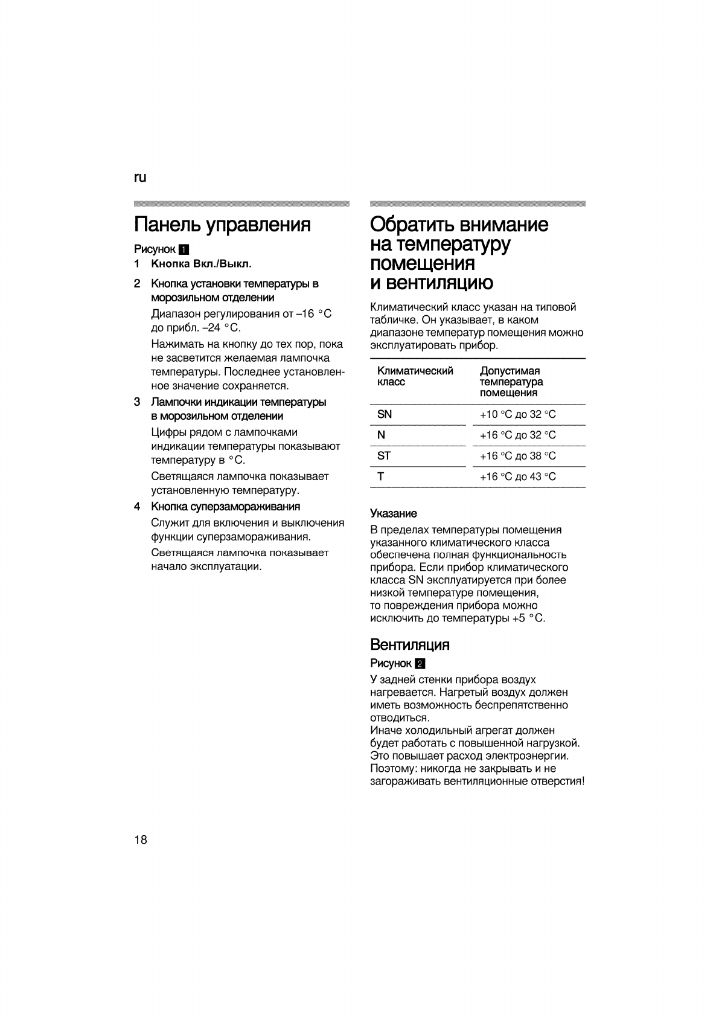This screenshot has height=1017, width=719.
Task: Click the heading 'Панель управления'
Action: click(222, 225)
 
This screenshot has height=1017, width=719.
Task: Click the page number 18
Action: click(141, 840)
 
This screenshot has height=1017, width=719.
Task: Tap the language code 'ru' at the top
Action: click(140, 178)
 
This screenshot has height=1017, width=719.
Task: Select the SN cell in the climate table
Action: click(385, 414)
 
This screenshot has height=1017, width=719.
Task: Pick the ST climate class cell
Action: click(384, 456)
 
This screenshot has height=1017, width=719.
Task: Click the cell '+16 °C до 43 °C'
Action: click(517, 477)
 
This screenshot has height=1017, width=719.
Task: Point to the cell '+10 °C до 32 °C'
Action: click(517, 414)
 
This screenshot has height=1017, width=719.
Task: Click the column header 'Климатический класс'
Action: click(415, 376)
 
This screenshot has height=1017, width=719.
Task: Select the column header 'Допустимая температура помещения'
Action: click(511, 382)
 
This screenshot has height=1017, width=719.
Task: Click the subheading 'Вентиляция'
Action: click(410, 644)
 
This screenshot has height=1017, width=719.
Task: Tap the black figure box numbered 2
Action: click(420, 664)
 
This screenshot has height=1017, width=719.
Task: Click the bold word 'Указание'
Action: click(393, 513)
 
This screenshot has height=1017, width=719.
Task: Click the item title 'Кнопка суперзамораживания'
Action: click(225, 506)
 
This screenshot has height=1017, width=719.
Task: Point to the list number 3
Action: click(138, 402)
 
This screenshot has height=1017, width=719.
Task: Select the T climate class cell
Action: click(380, 476)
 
